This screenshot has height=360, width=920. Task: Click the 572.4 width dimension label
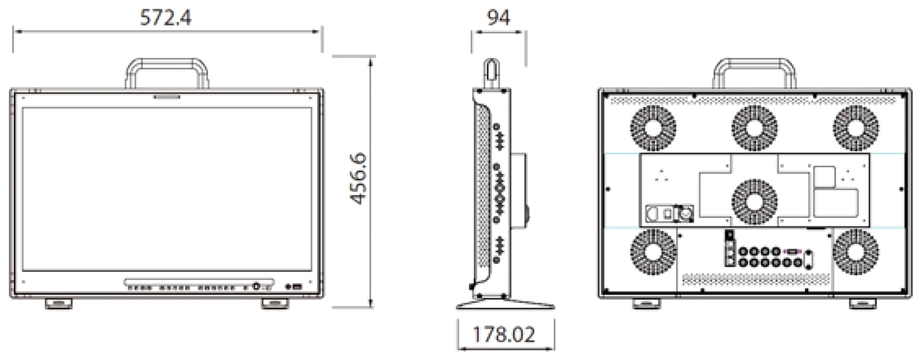click(x=165, y=18)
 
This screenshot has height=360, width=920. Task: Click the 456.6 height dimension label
click(x=358, y=178)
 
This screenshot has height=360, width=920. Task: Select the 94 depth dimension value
click(x=498, y=18)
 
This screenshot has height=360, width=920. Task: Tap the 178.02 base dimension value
click(x=504, y=334)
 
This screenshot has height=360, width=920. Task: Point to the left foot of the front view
click(x=58, y=303)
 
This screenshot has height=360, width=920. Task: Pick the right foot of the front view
click(x=275, y=303)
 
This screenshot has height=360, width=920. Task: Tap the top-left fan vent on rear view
click(x=653, y=128)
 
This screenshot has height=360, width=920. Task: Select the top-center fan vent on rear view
click(x=755, y=128)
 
